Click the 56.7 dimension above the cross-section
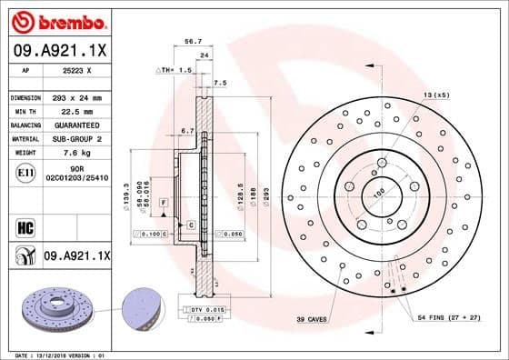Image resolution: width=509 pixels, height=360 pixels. click(193, 41)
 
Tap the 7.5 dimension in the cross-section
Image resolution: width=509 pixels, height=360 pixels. click(220, 83)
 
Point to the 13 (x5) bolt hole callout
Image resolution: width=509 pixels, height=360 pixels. click(435, 95)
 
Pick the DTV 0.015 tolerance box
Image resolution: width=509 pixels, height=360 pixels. click(208, 311)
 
